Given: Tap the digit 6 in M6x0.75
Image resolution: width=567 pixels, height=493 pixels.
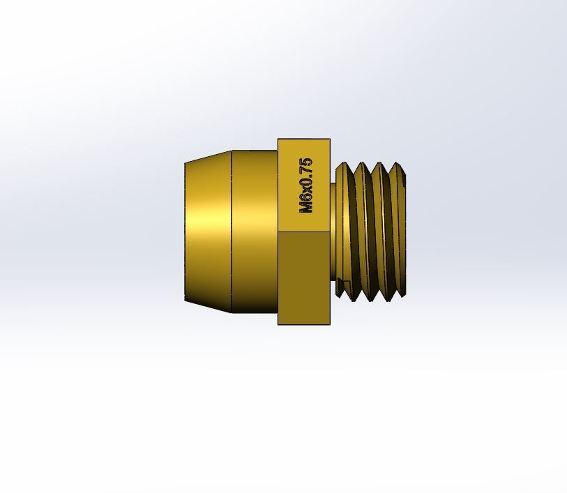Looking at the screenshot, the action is pyautogui.click(x=306, y=197).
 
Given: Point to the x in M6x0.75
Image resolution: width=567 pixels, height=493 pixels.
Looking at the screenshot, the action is pyautogui.click(x=308, y=190).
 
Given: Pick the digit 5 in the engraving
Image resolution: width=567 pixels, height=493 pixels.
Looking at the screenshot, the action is pyautogui.click(x=306, y=162).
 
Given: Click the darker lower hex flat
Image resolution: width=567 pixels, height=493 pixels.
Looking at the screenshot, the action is pyautogui.click(x=304, y=278).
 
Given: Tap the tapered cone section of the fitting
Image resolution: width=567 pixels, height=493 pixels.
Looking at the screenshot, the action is pyautogui.click(x=208, y=232).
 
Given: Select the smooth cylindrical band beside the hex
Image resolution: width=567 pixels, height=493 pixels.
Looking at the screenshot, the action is pyautogui.click(x=255, y=232).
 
